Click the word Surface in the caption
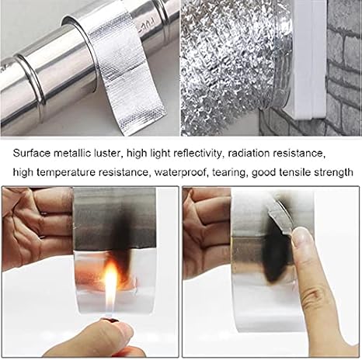[x=31, y=154]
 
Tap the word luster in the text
[x=106, y=154]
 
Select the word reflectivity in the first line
[x=197, y=154]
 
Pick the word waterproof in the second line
[x=181, y=172]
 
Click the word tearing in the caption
[x=228, y=172]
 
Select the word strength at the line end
[x=333, y=172]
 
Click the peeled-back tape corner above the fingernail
[x=281, y=216]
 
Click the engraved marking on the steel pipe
[x=146, y=25]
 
